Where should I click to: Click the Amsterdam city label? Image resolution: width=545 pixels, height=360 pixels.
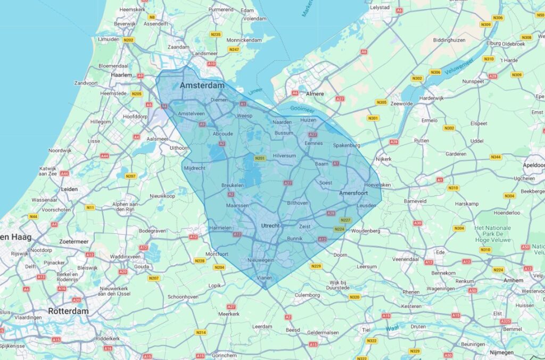202,86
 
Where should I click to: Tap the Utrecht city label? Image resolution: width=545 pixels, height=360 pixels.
270,226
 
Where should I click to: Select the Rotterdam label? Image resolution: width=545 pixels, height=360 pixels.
68,311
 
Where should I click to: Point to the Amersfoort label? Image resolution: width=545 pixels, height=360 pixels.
354,192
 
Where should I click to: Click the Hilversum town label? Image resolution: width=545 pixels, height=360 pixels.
284,156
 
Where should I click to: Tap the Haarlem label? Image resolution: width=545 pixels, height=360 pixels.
121,75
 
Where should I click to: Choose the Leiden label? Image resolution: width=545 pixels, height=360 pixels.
70,189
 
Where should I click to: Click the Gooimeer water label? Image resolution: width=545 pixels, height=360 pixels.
303,109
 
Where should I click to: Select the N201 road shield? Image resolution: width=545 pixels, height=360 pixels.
260,158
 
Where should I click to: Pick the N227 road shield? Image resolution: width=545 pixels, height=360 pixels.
345,220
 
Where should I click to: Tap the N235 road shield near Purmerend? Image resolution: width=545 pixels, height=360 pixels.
216,35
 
